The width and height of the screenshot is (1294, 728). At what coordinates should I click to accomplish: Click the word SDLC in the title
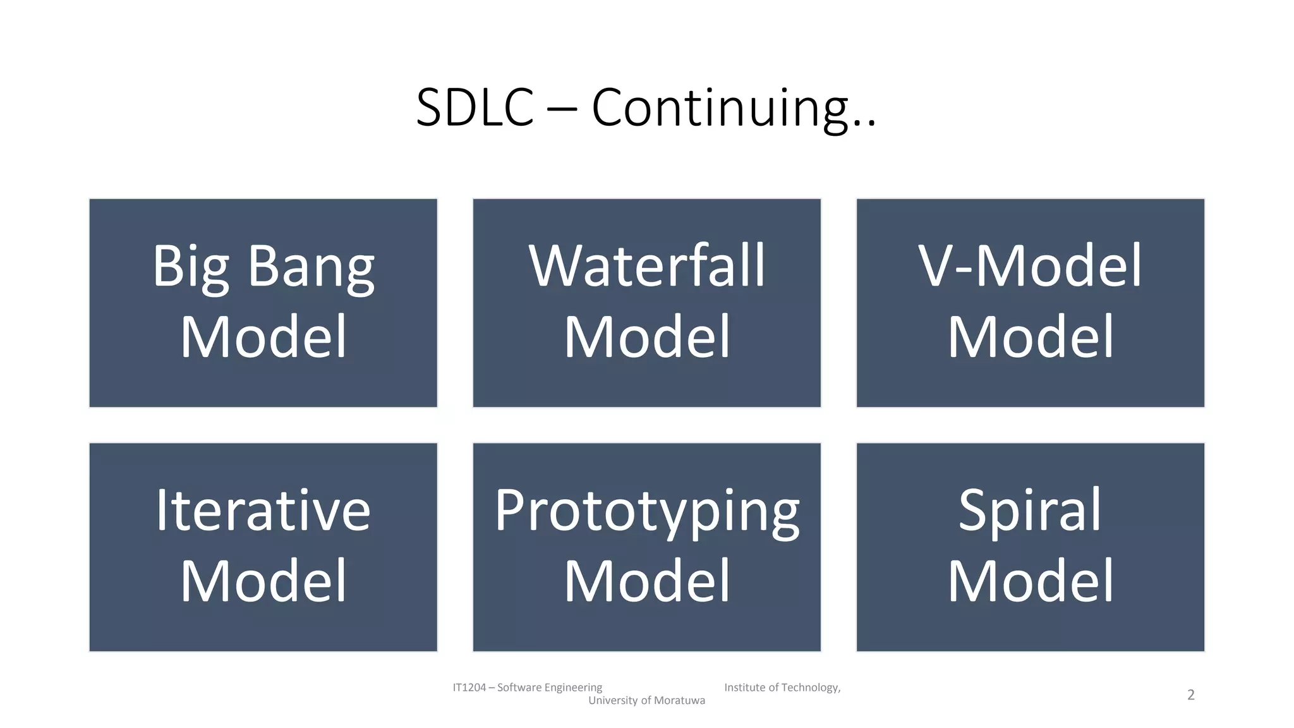coord(475,108)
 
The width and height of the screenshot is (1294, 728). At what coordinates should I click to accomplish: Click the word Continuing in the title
coord(720,108)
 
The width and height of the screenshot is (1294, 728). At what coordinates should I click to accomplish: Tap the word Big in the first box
coord(190,267)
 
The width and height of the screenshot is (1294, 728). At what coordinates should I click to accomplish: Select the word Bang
coord(311,267)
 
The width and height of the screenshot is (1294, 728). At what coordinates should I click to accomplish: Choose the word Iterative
coord(263,510)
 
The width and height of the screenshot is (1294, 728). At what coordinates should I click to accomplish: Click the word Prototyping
coord(646,510)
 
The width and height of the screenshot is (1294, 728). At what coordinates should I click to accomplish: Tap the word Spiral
coord(1030,510)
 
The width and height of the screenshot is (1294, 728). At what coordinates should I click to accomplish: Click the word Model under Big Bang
coord(263,337)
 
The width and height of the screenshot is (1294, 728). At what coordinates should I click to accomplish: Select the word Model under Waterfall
coord(646,337)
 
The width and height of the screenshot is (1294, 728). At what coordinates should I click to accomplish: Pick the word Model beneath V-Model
coord(1030,337)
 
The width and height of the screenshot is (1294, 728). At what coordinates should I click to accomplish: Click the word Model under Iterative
coord(263,581)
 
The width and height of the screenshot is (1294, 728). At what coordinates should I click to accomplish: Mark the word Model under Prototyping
coord(646,581)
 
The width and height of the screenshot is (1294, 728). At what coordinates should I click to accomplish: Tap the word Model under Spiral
coord(1030,581)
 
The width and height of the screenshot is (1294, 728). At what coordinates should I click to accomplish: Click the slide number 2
coord(1190,695)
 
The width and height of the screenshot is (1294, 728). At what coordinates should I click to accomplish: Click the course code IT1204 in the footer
coord(469,688)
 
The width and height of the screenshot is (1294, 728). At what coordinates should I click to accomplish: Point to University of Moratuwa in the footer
coord(646,700)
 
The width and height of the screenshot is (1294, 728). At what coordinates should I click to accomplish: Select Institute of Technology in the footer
coord(782,688)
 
